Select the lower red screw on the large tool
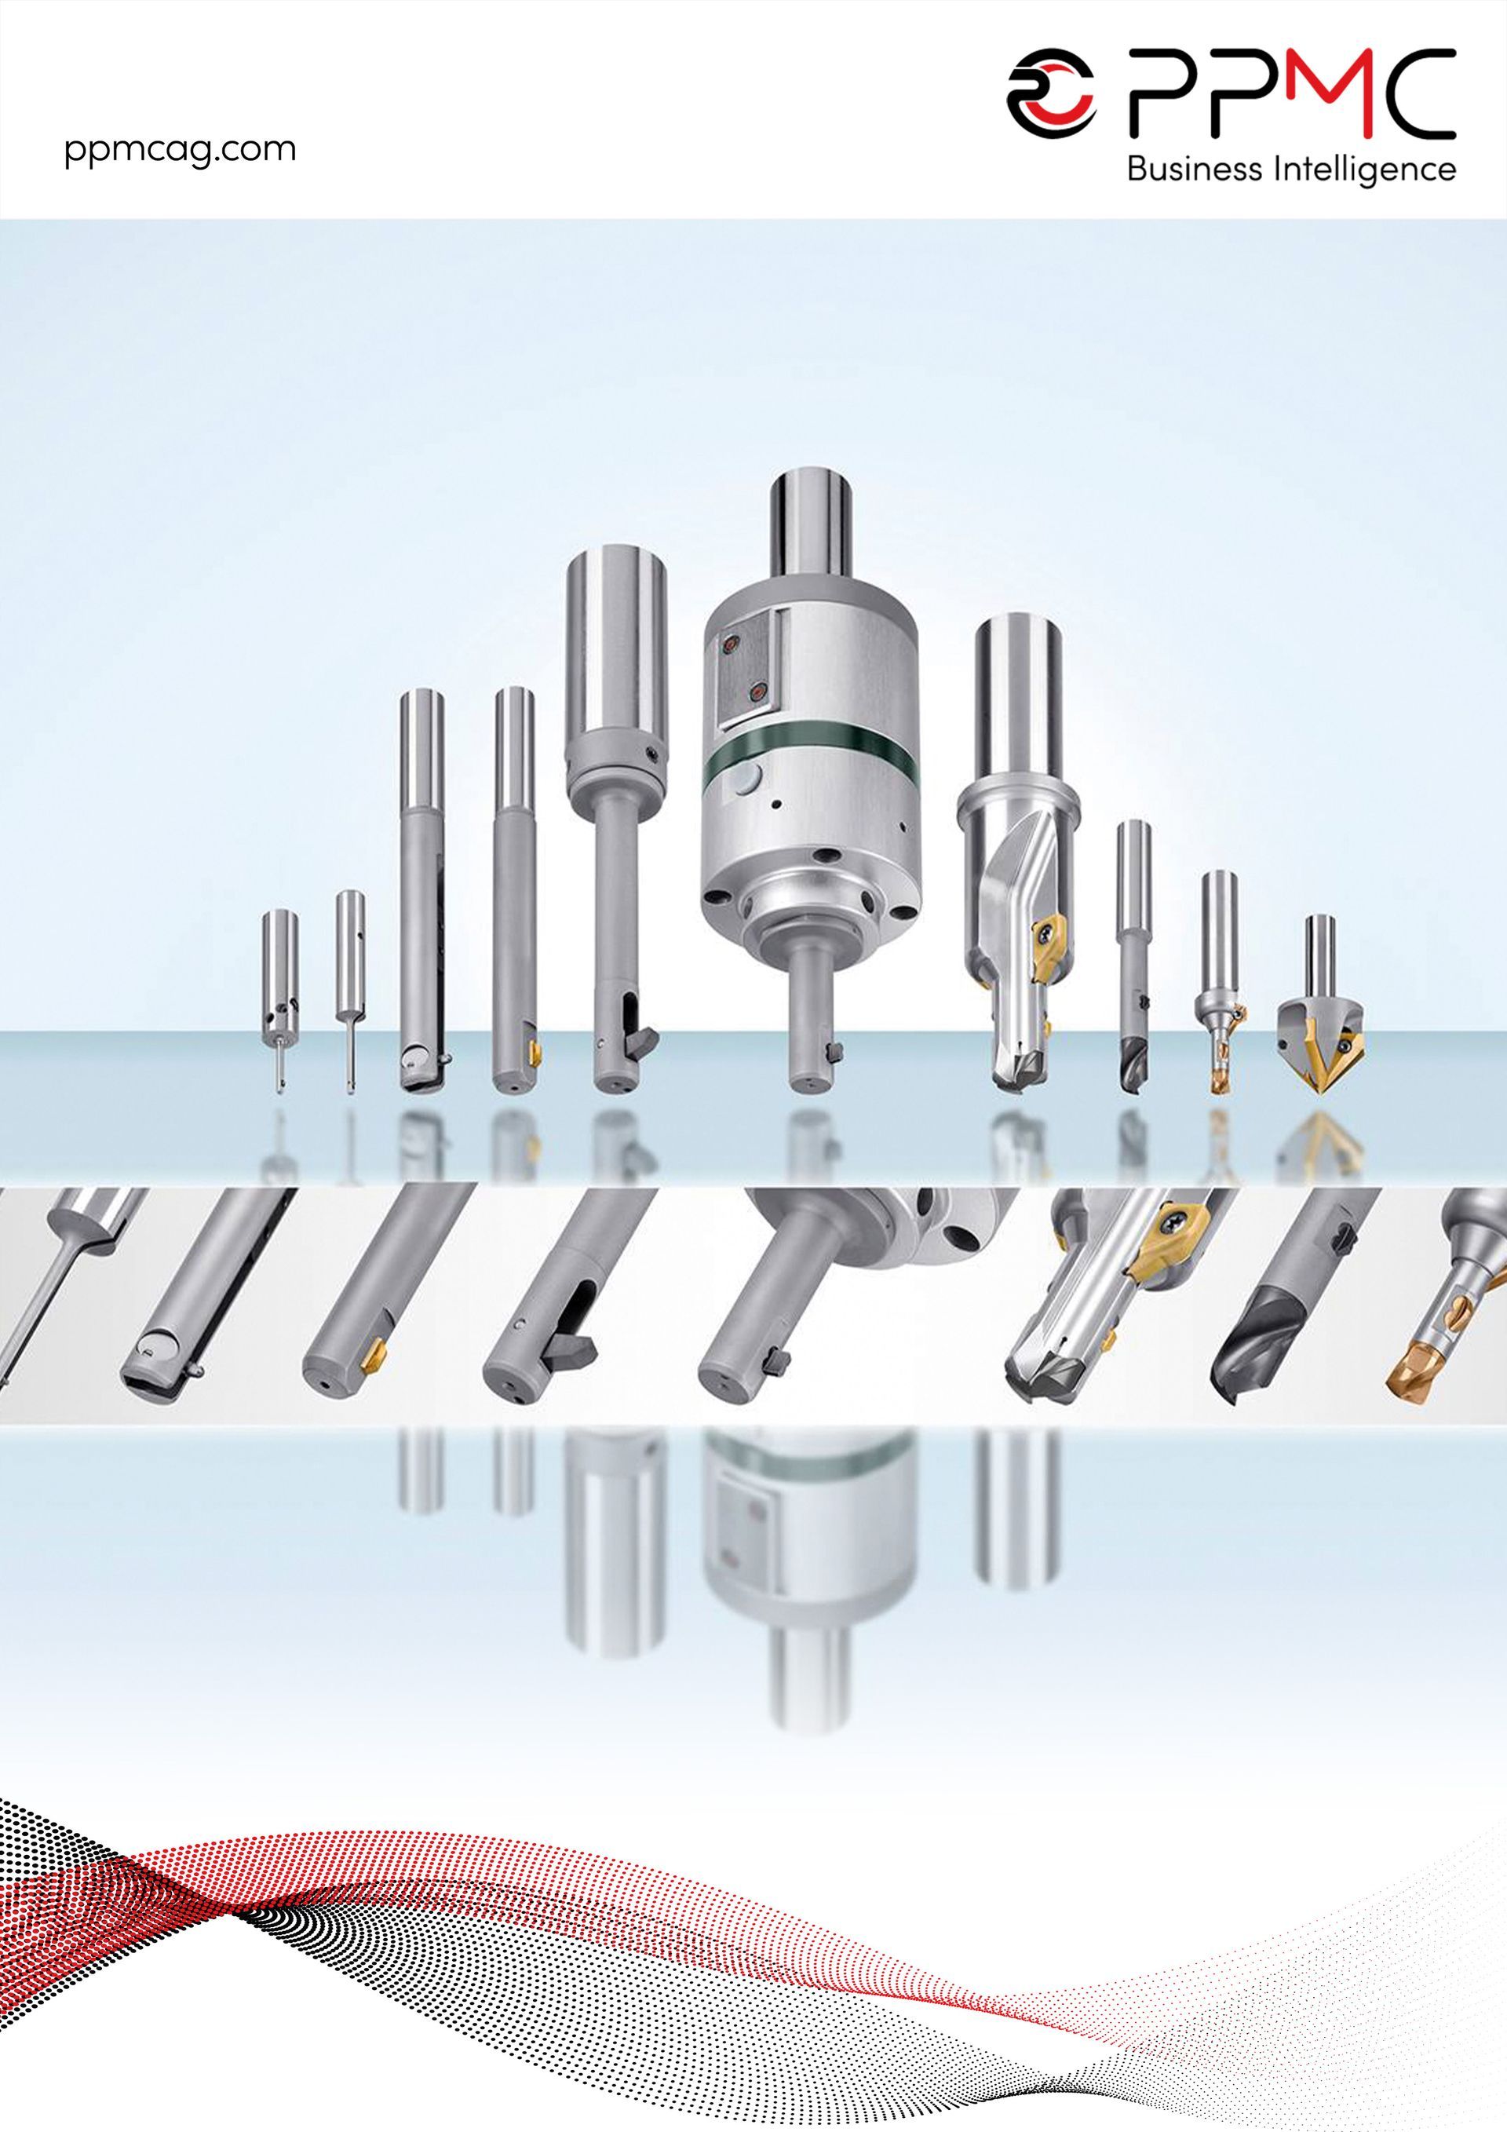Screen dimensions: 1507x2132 pyautogui.click(x=757, y=692)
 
